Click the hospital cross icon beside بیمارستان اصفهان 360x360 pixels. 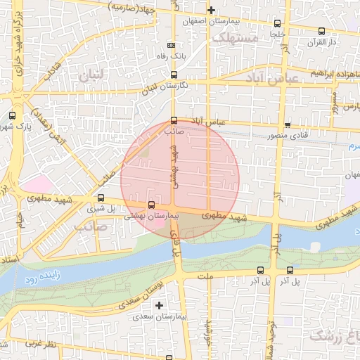point(211,10)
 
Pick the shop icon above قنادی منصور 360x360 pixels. point(287,124)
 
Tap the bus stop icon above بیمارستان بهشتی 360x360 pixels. point(151,205)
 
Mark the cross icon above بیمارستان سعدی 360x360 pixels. point(160,305)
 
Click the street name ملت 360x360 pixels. point(205,277)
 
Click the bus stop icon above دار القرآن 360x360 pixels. point(321,31)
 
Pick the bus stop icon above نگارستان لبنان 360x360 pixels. point(174,74)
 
